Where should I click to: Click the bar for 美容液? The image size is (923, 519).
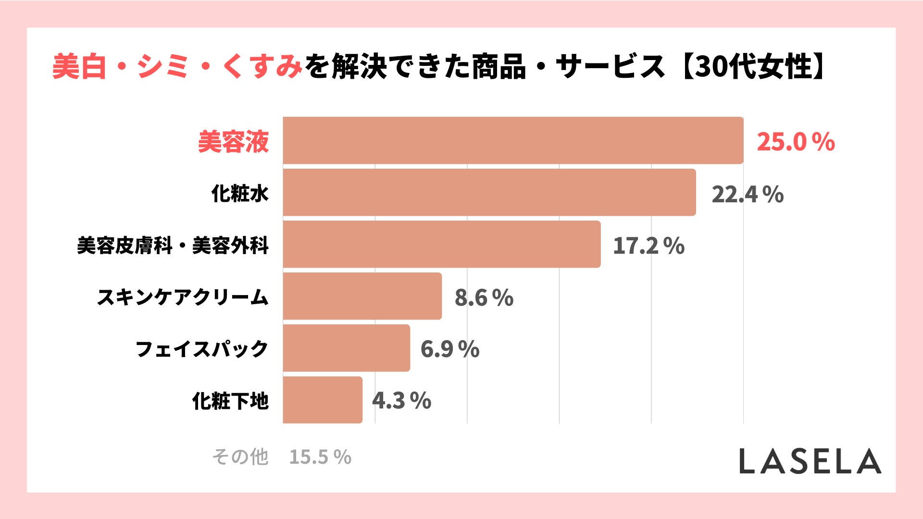[513, 140]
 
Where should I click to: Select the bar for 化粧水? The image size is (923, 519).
[489, 192]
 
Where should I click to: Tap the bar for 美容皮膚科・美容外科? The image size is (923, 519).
[442, 244]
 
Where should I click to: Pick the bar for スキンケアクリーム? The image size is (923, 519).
[362, 296]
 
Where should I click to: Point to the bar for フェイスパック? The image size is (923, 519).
[347, 348]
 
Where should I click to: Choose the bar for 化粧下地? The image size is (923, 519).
[323, 400]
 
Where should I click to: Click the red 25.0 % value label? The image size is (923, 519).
[796, 142]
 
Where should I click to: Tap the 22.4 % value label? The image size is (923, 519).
[748, 194]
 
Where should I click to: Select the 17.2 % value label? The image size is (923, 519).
[649, 246]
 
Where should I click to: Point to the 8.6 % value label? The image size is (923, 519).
[484, 297]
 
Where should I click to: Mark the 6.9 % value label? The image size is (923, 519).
[450, 349]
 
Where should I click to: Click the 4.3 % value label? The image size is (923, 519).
[402, 401]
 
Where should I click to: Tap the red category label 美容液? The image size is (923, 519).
[234, 142]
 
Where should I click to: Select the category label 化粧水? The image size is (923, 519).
[240, 194]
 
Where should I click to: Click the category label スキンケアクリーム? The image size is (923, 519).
[183, 297]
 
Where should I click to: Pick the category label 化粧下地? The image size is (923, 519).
[230, 401]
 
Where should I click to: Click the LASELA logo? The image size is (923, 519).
[810, 461]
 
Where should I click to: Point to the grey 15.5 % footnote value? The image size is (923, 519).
[320, 457]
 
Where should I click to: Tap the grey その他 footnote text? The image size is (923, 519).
[240, 457]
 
